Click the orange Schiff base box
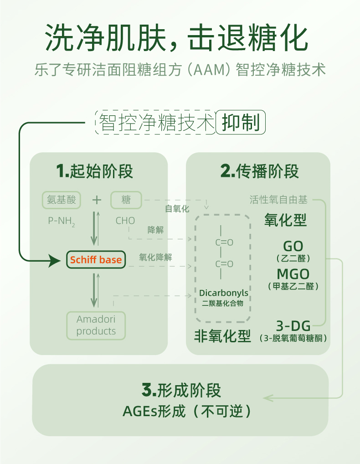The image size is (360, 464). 96,260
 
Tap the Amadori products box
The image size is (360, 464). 96,325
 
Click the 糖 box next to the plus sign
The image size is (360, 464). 126,200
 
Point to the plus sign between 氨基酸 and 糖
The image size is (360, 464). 96,200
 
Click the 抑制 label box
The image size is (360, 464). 240,123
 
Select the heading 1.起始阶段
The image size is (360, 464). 95,172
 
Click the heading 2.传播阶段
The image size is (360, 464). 260,172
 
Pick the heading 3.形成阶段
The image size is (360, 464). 181,390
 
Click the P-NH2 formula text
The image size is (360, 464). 62,221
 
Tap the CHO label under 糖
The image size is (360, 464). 125,221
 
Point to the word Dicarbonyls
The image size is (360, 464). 224,293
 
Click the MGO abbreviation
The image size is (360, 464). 293,274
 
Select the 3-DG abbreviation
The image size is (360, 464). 293,326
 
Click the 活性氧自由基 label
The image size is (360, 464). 278,200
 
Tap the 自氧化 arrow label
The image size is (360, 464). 177,209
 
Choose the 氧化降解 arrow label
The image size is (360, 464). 155,257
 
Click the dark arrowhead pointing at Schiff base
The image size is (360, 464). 55,261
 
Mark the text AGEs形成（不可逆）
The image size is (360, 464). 187,411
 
